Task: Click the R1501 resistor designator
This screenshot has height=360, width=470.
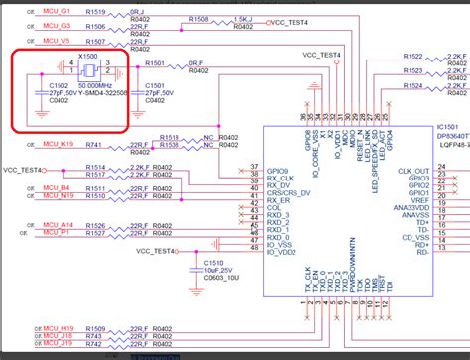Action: [156, 63]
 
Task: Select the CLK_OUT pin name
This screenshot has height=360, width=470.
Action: [415, 172]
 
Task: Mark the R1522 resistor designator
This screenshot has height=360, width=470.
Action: [415, 57]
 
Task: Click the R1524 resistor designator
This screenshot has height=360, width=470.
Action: [415, 86]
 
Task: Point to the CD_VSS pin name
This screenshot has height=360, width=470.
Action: [415, 237]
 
